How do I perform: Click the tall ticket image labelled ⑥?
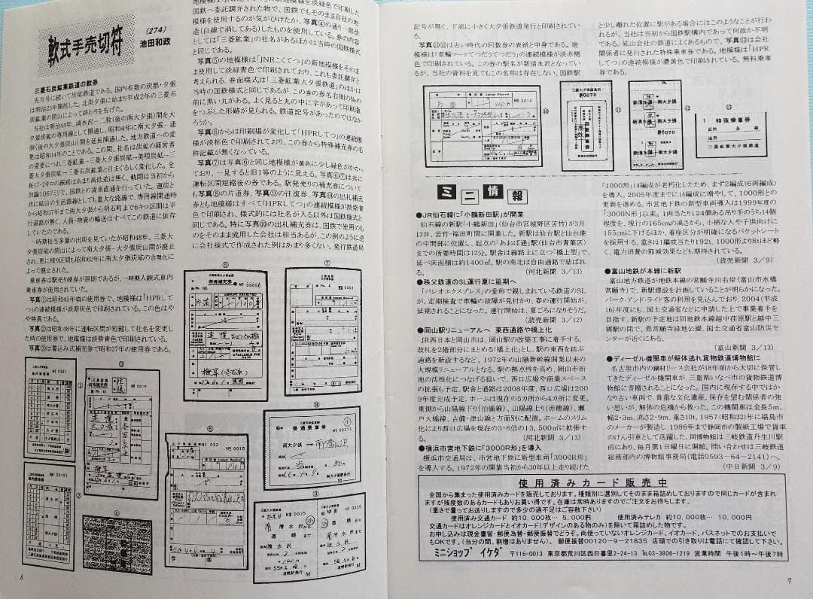click(x=206, y=500)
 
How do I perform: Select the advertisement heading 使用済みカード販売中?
click(x=603, y=482)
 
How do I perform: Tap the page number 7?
click(x=789, y=580)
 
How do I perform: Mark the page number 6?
click(x=23, y=577)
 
